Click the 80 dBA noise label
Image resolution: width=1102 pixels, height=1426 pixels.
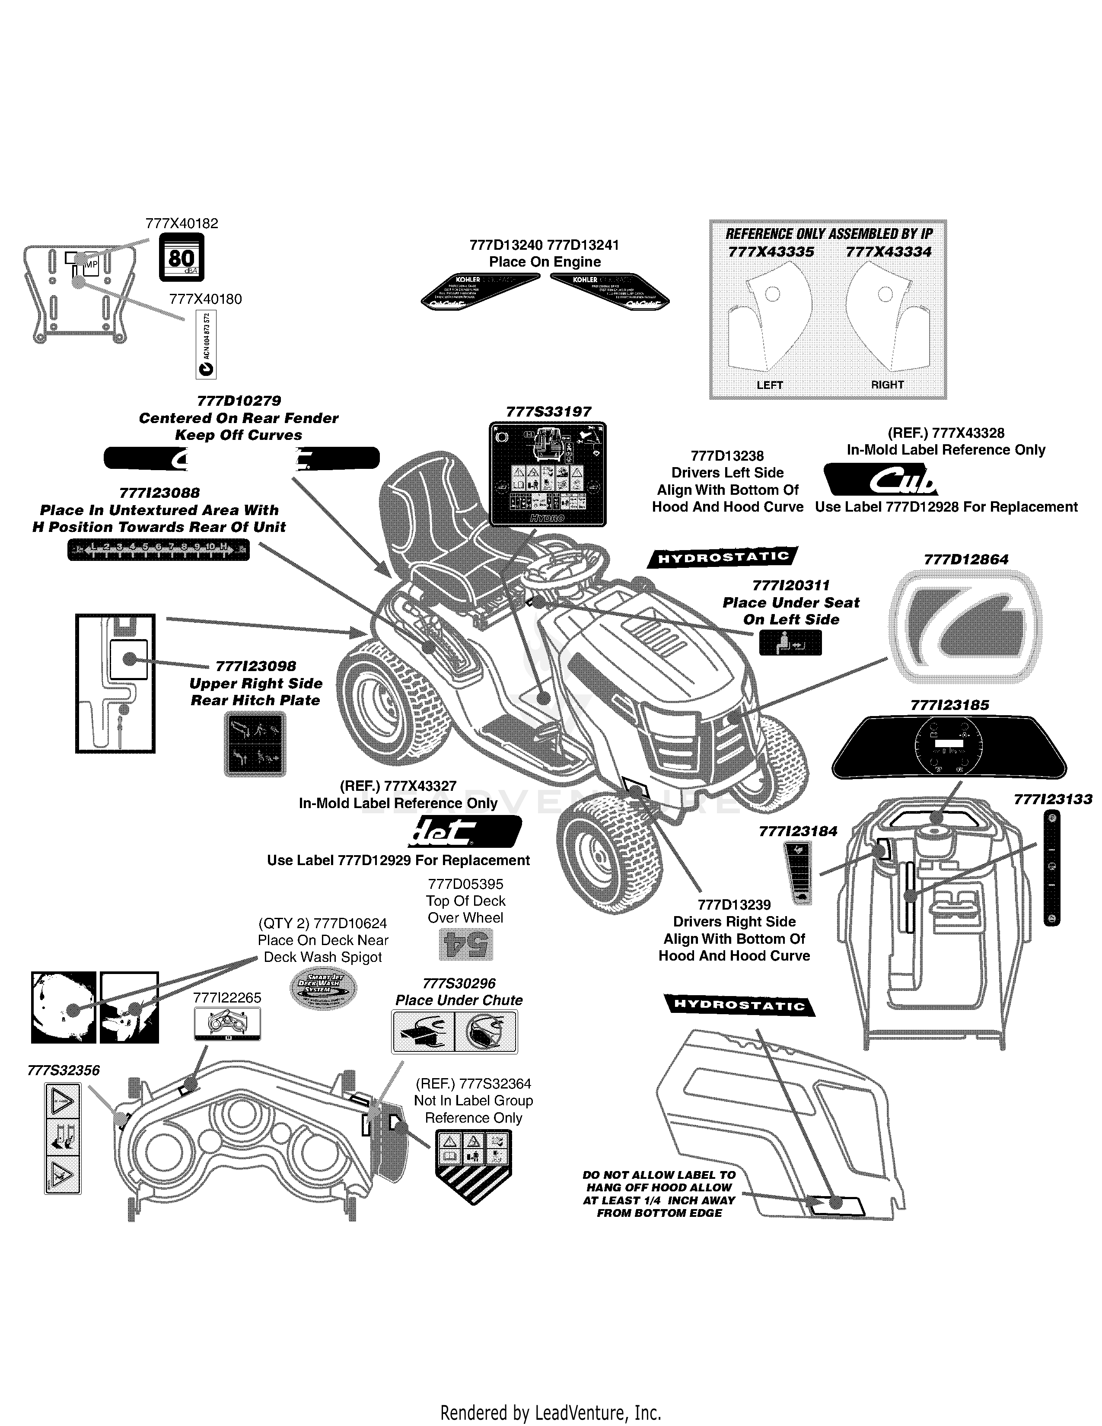pos(182,257)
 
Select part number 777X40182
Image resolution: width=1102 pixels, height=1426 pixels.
pos(182,223)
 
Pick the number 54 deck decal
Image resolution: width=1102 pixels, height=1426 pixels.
pos(465,944)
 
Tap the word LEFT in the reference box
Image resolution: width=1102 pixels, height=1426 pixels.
pos(769,385)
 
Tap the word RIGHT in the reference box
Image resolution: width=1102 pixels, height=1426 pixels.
pos(887,385)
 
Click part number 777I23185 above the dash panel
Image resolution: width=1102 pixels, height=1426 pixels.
pos(949,705)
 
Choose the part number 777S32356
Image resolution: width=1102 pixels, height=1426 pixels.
pos(64,1070)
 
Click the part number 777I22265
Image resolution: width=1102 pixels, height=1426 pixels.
pos(227,998)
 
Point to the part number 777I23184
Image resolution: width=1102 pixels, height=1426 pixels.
pos(798,831)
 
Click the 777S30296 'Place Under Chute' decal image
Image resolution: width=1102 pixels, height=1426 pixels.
pos(454,1031)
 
